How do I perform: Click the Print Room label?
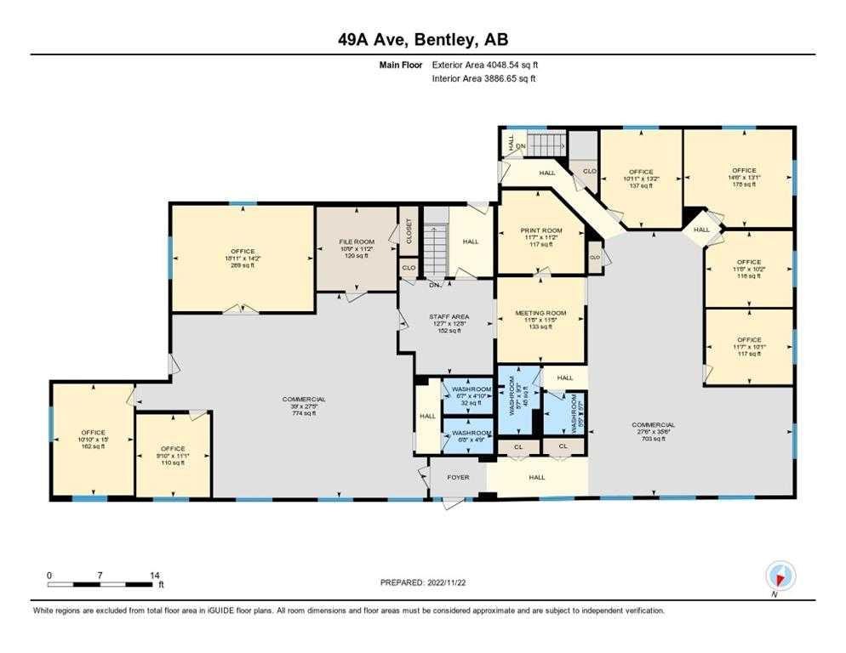pos(540,230)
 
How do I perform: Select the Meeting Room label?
pos(540,313)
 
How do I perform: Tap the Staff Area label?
pos(448,317)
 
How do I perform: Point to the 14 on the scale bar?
pos(154,576)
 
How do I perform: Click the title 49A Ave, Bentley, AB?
pos(422,41)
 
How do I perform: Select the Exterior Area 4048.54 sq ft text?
pos(485,65)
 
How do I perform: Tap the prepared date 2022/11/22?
pos(423,582)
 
